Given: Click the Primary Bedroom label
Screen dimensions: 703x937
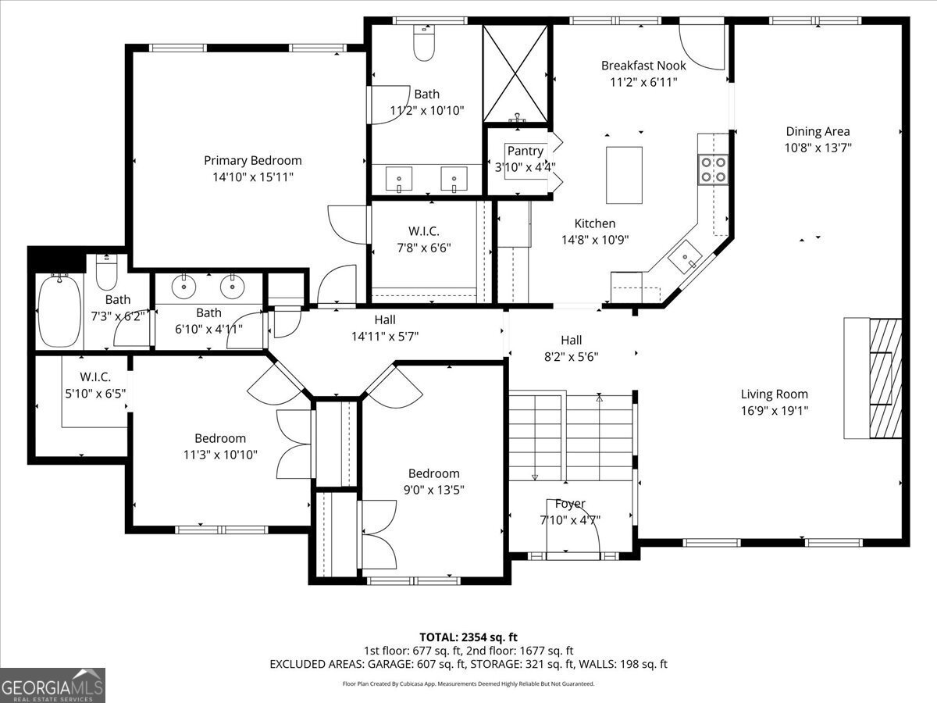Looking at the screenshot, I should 252,160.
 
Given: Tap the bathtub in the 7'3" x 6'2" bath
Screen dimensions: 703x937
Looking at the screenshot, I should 59,310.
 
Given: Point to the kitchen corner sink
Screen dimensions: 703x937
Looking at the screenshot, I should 686,260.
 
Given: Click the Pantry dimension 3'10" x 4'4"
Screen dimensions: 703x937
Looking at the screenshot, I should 525,166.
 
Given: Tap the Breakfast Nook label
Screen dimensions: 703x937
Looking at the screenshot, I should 643,66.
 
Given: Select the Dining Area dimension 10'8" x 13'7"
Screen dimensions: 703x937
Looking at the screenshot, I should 818,148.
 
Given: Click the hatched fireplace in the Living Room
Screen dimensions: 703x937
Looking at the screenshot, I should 885,378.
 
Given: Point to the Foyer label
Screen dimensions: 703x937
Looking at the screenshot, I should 570,504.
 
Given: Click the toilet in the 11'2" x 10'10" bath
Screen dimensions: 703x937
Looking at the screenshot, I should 423,46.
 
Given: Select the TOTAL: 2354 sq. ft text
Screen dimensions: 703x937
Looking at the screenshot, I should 468,637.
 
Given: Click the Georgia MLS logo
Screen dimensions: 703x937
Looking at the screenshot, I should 52,685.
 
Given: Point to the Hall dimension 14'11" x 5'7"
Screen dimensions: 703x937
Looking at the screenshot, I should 384,337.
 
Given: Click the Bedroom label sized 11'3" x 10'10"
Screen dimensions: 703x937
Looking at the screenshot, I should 220,438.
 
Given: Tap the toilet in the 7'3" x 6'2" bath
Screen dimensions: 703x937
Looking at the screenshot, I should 106,273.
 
